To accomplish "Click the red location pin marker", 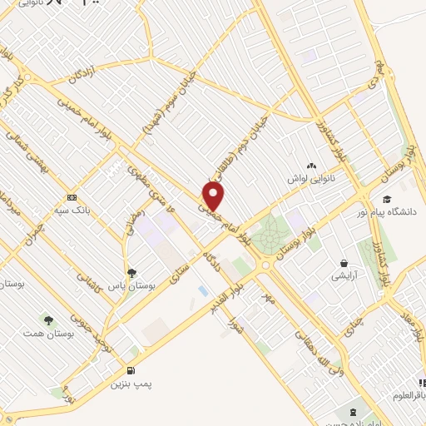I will click(214, 196).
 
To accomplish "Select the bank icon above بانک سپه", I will click(72, 198).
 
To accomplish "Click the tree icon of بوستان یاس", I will click(131, 272).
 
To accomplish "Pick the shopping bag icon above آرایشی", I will click(341, 260).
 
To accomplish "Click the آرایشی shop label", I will click(341, 274).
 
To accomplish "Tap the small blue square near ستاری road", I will click(203, 290).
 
